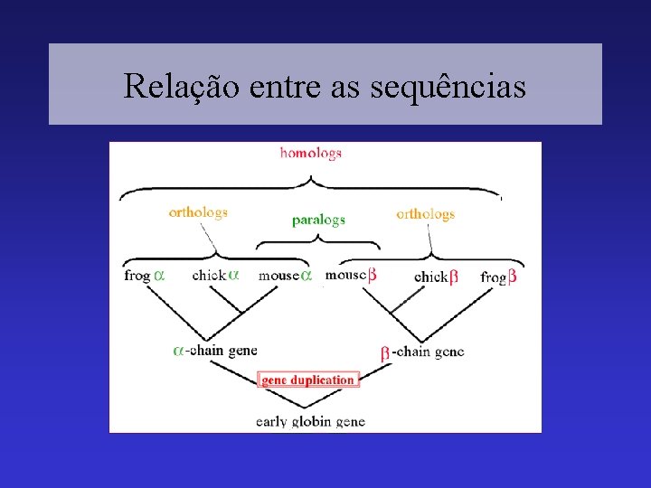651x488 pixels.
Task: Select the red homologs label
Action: click(310, 153)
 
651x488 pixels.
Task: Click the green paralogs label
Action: click(318, 220)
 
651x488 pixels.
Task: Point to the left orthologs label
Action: click(198, 212)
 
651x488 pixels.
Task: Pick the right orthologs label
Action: click(425, 214)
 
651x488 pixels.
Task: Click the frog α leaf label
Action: click(145, 275)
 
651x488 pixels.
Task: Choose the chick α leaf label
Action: click(215, 275)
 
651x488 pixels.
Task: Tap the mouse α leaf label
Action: click(285, 275)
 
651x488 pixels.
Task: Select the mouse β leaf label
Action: click(351, 275)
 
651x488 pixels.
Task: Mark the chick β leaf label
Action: click(436, 277)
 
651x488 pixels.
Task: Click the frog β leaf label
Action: click(498, 277)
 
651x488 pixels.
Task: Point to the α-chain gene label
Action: click(215, 350)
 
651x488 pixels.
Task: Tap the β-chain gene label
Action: click(421, 352)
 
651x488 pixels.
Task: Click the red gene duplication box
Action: click(308, 380)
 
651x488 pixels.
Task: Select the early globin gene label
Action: click(310, 421)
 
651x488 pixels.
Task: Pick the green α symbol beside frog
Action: click(159, 275)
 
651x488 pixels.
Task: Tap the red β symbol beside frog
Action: click(512, 277)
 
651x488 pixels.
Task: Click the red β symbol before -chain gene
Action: click(384, 352)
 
